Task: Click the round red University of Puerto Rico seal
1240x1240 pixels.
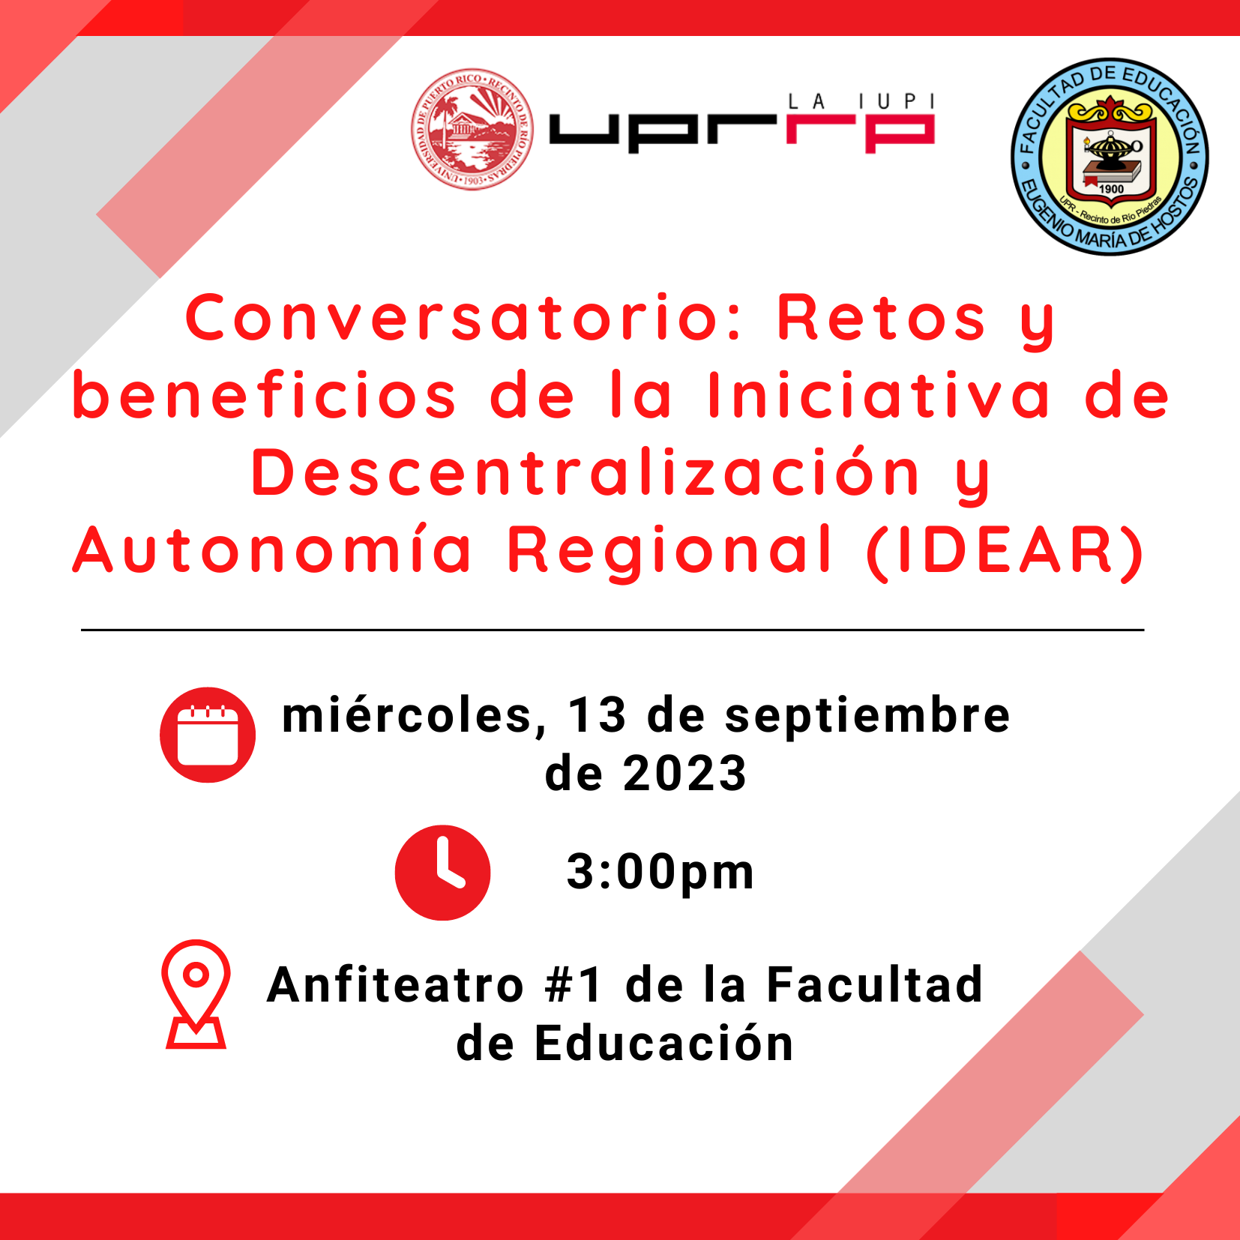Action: (x=472, y=129)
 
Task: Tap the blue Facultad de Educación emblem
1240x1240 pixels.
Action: (x=1110, y=157)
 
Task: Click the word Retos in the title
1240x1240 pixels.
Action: (x=881, y=318)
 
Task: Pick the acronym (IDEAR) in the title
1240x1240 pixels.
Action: (x=1005, y=551)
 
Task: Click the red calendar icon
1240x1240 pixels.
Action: (x=208, y=735)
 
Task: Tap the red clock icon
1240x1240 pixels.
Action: (x=442, y=873)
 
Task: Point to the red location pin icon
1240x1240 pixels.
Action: (x=196, y=993)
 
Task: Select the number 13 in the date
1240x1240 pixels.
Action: (x=597, y=715)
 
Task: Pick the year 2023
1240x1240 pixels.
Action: (x=684, y=774)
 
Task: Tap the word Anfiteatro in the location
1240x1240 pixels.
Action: (x=395, y=984)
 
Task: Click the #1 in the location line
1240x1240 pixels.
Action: (x=574, y=984)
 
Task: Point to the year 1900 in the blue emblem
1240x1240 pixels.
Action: (x=1111, y=189)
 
